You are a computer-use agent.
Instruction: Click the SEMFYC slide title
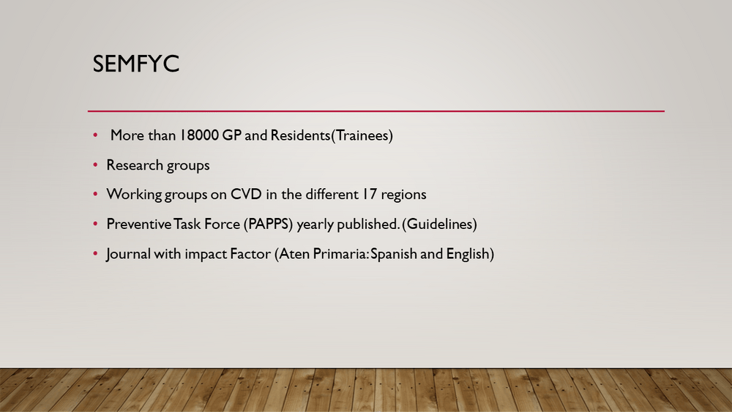click(x=136, y=64)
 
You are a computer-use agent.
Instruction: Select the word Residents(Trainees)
click(x=332, y=135)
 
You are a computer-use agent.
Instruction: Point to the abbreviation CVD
click(x=246, y=194)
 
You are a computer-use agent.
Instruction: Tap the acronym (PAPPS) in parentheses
click(x=268, y=224)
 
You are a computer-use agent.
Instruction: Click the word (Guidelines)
click(x=441, y=224)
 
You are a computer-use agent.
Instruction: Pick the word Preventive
click(x=139, y=224)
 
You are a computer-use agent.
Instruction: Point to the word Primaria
click(x=341, y=254)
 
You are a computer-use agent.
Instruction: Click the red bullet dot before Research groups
click(x=95, y=165)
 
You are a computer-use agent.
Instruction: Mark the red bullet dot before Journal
click(x=95, y=254)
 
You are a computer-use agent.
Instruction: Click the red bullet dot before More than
click(x=95, y=135)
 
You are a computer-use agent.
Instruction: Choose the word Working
click(x=134, y=195)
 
